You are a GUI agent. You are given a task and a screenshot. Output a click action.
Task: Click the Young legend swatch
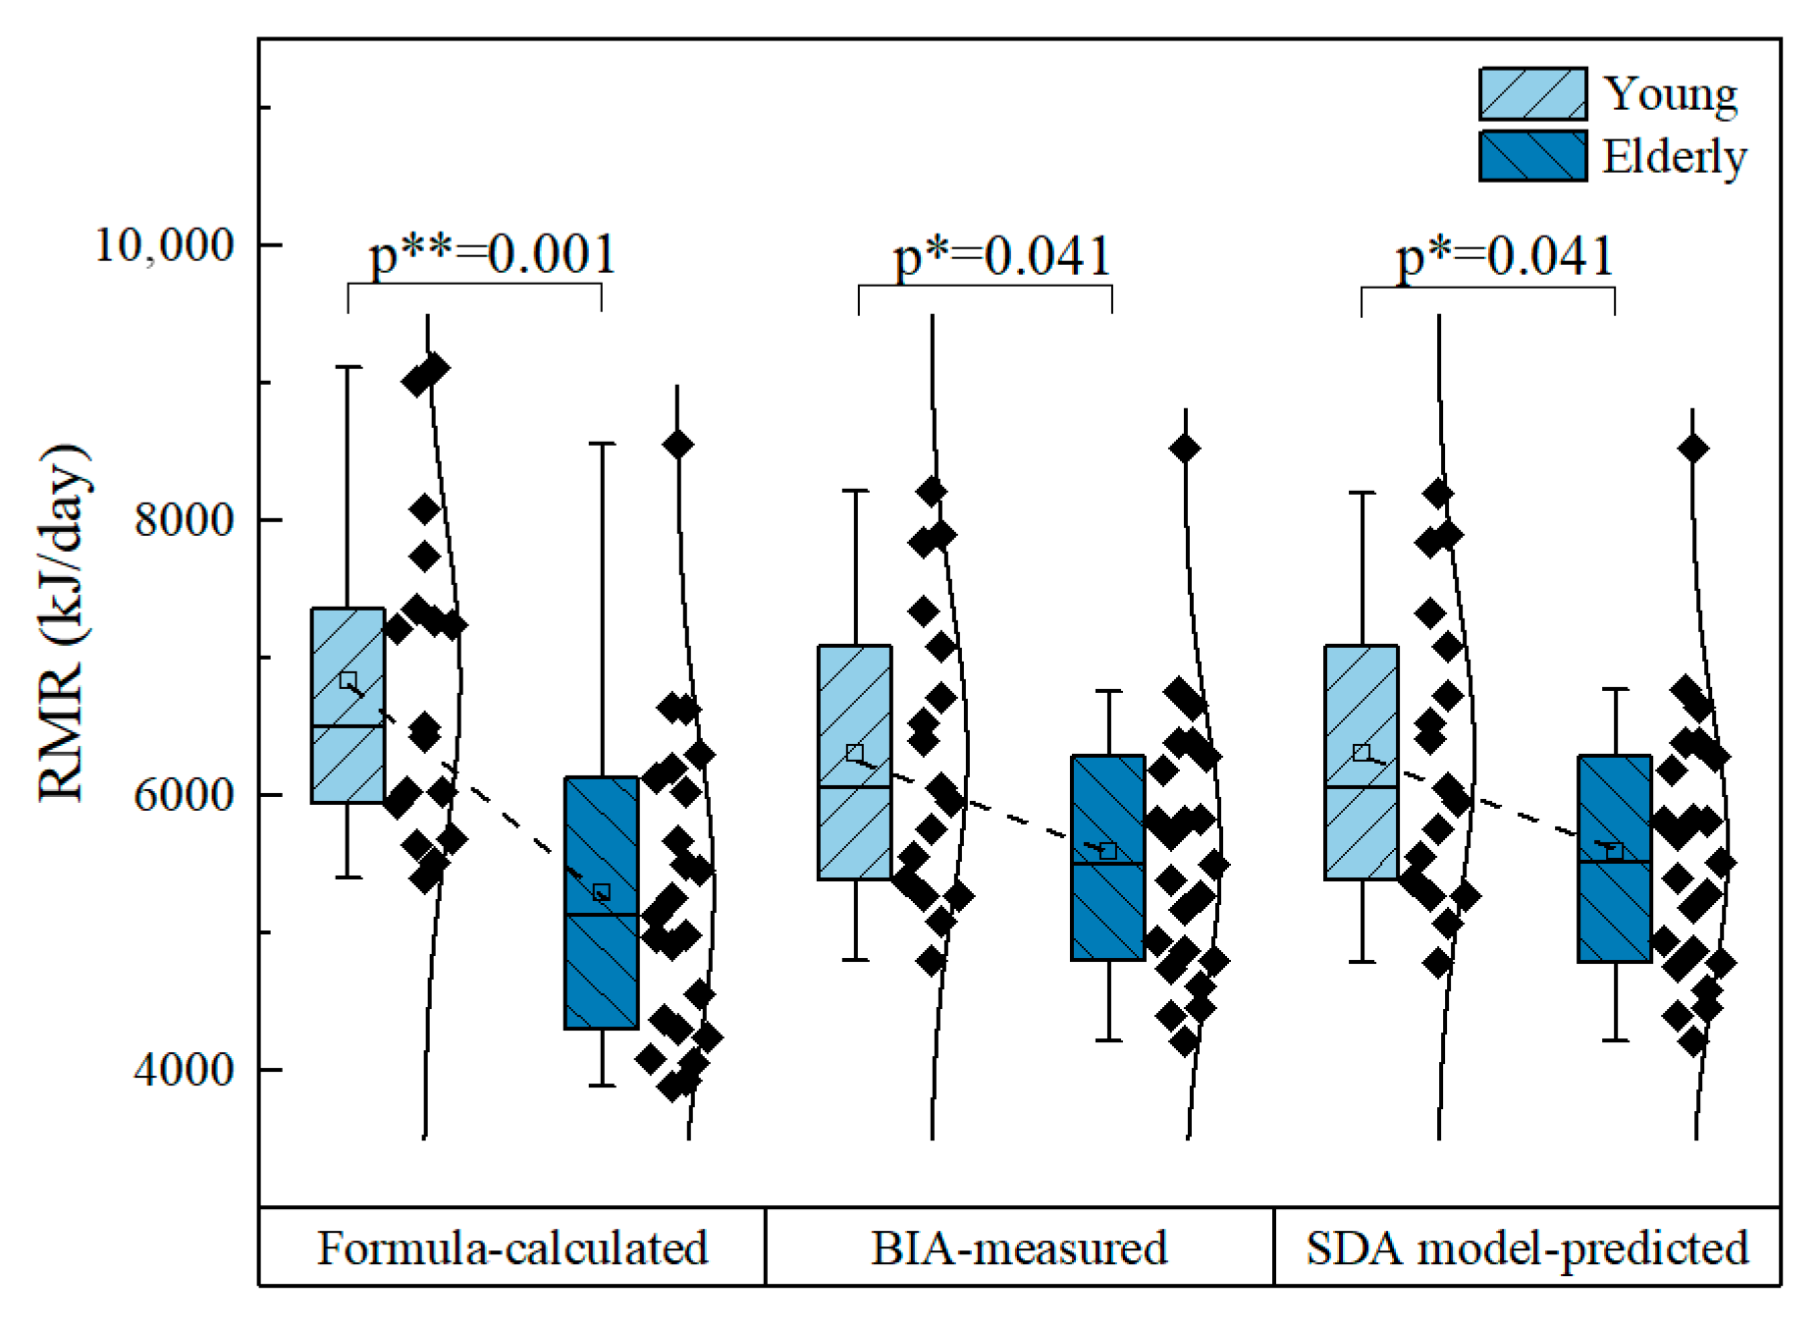1531,94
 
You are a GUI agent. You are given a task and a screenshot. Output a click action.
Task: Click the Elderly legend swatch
1531,156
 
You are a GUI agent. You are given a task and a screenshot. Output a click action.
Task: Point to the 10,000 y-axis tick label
164,244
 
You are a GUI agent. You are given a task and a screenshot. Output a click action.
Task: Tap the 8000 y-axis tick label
185,519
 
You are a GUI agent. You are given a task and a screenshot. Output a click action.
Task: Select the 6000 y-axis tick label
185,794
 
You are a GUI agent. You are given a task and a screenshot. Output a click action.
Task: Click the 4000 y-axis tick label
185,1069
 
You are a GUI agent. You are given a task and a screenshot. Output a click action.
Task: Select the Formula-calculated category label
512,1248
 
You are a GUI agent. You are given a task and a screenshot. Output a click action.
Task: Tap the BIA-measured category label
1019,1248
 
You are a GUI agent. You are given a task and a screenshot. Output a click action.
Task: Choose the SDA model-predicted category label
1527,1248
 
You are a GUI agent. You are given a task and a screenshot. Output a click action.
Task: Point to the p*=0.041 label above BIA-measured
1001,256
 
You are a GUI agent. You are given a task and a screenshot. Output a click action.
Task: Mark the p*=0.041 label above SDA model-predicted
1505,256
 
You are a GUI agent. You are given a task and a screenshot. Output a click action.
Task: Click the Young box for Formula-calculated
348,706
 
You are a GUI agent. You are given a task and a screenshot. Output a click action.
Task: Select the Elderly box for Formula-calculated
601,902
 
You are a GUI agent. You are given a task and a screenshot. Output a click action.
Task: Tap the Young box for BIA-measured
854,762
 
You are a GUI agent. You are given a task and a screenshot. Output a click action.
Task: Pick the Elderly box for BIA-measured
1107,857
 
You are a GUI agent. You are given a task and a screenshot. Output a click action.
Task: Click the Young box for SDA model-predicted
1361,762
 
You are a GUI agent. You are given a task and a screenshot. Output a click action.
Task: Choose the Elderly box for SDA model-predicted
1614,858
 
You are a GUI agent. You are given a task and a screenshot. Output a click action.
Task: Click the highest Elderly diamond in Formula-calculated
677,445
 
